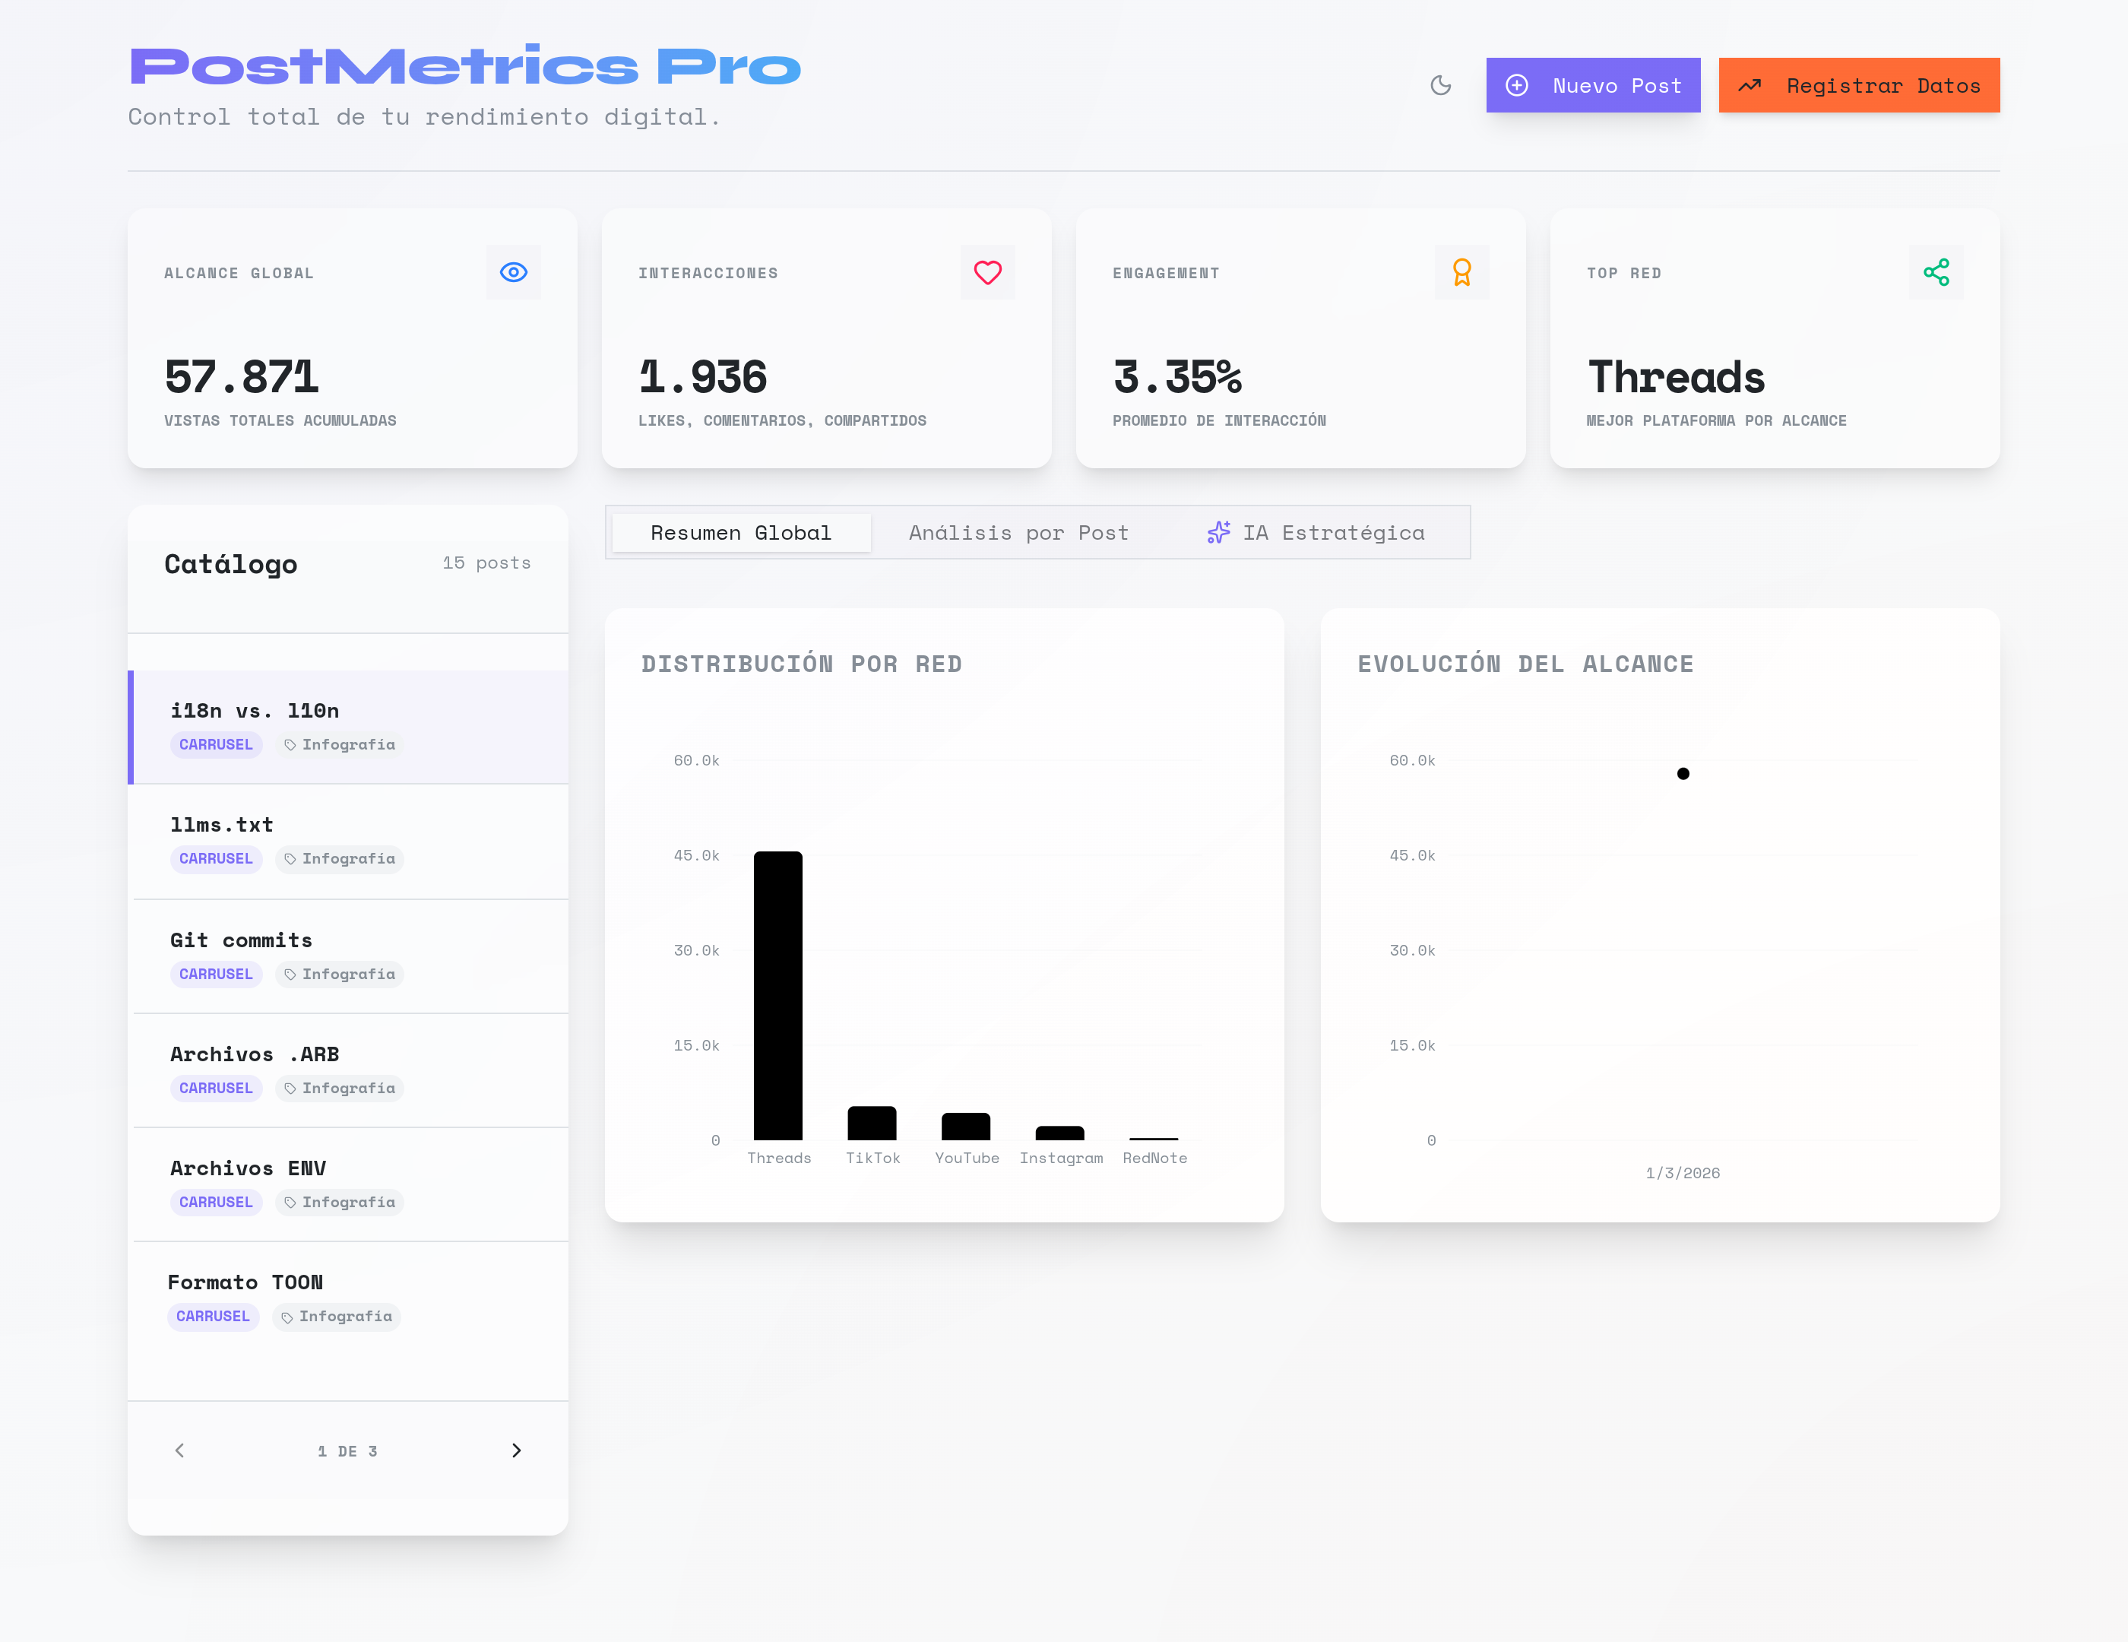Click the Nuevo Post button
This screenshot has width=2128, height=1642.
1592,86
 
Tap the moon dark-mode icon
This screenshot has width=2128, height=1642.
1440,86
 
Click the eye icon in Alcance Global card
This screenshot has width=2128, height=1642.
514,272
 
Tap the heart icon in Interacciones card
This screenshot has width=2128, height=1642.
987,272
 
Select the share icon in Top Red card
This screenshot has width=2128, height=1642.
1935,272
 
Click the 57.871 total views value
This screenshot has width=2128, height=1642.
242,377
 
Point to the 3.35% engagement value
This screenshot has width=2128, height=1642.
1177,377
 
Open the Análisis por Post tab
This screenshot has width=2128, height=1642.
1018,533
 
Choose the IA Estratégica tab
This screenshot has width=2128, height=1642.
1316,533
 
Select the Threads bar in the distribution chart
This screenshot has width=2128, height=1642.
777,994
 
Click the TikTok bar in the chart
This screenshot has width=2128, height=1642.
871,1123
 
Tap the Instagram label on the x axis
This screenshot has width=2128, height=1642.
1061,1158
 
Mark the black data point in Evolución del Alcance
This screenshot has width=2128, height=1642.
1683,774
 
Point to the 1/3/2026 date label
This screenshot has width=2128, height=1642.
1683,1173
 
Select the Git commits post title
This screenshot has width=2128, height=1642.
241,940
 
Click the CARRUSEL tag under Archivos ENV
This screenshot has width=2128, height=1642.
215,1203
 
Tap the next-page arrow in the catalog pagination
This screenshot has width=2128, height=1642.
516,1450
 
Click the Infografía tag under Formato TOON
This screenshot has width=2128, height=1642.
337,1317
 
